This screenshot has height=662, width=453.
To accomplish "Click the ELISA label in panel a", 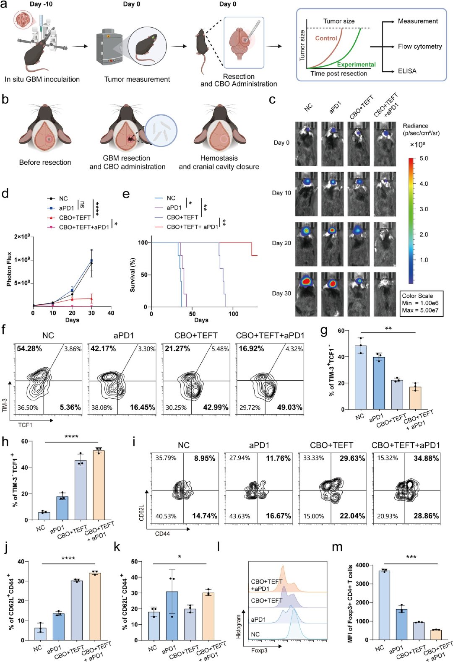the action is (x=407, y=71).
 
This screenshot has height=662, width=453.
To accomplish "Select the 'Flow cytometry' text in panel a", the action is (x=420, y=47).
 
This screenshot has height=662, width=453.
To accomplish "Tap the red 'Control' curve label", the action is (x=326, y=38).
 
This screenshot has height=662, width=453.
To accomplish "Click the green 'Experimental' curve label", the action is (x=356, y=65).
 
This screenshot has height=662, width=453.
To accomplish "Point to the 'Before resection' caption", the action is (x=45, y=162).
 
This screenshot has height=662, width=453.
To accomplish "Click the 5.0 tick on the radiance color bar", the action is (x=424, y=158).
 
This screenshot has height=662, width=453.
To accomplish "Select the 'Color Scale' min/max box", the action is (x=422, y=304).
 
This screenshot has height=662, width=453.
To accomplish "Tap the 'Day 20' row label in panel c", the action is (x=281, y=243).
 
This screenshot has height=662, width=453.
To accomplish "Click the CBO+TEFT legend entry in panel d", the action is (x=75, y=218).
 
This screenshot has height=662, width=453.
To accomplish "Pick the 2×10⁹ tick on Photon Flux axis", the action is (x=23, y=237).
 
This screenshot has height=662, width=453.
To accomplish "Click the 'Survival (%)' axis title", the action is (x=133, y=275).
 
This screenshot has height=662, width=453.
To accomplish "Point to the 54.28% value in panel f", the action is (x=29, y=349).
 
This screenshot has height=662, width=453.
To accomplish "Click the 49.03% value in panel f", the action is (x=289, y=408).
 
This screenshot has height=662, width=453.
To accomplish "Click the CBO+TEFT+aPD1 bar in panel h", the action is (x=99, y=486).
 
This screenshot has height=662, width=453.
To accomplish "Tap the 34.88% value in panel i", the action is (x=426, y=459).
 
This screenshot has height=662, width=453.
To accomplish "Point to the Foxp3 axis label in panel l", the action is (x=259, y=650).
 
